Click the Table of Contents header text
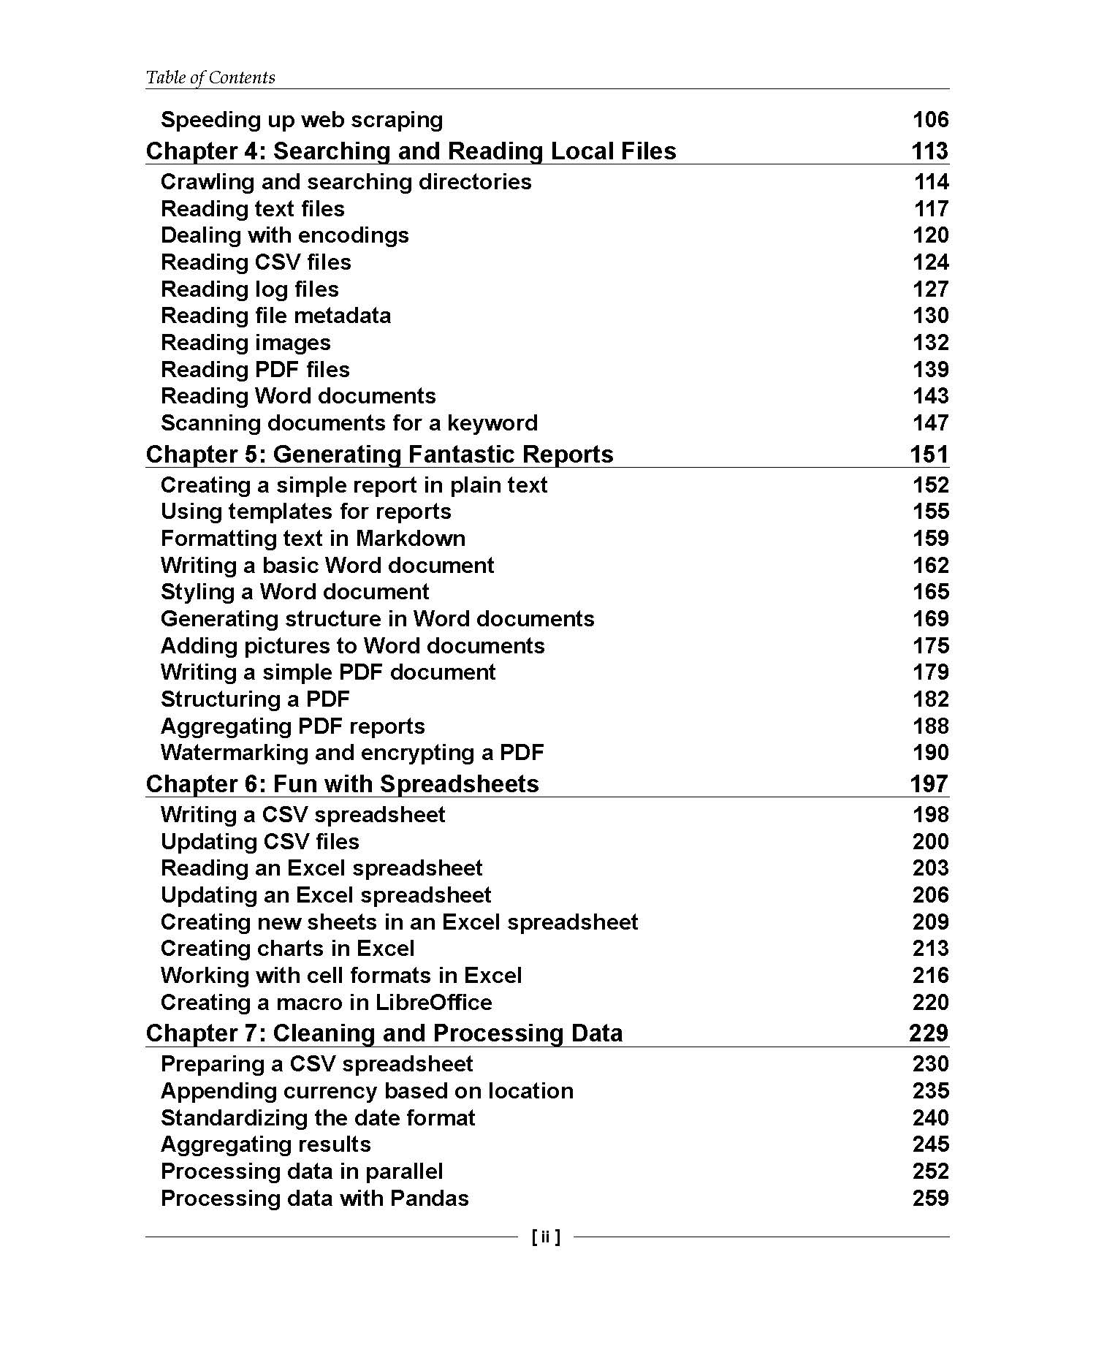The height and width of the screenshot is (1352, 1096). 210,77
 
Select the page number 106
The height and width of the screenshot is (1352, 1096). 930,119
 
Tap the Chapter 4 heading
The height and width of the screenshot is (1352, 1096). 411,151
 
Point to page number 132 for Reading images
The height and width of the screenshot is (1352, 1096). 930,342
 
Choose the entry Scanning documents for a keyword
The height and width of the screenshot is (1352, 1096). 349,422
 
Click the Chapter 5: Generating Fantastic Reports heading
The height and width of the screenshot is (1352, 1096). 379,454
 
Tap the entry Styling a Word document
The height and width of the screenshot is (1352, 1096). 294,592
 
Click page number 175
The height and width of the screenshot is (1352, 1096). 930,645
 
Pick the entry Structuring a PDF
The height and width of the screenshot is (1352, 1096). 255,699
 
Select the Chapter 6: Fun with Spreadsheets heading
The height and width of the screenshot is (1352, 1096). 342,783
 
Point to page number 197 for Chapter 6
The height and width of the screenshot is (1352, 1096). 929,783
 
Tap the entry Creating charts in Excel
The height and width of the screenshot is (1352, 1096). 287,949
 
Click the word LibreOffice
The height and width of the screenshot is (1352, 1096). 433,1002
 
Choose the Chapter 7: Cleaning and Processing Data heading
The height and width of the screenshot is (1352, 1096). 384,1033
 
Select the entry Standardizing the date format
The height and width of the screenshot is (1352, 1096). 318,1117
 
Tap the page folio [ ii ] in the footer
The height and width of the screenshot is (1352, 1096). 547,1237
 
